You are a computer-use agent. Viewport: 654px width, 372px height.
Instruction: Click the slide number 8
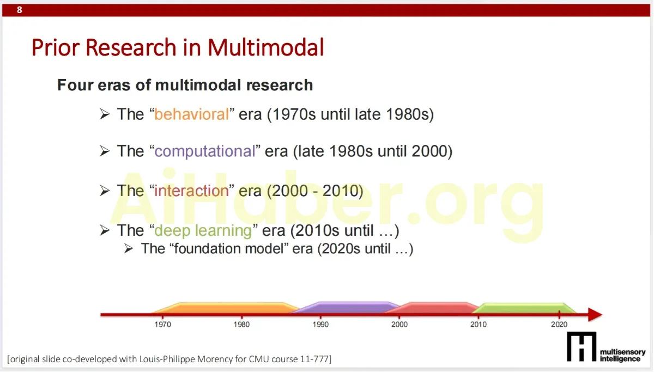coord(20,10)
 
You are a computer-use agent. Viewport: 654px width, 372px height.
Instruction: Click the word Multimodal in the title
coord(266,47)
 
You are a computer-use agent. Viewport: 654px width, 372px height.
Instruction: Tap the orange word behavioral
coord(191,114)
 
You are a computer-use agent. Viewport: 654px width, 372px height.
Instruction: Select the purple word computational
coord(205,151)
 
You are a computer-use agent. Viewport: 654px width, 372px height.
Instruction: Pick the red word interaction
coord(191,191)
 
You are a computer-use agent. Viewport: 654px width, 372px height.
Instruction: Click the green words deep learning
coord(203,230)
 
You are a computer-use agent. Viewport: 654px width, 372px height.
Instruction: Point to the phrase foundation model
coord(229,248)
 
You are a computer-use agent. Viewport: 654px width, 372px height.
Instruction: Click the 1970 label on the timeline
coord(163,325)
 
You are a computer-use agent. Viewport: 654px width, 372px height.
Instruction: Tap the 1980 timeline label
coord(242,325)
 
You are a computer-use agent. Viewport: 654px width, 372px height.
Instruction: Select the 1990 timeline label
coord(320,325)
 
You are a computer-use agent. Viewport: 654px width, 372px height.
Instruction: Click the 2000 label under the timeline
coord(399,325)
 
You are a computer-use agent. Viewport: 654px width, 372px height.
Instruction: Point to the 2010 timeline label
coord(479,325)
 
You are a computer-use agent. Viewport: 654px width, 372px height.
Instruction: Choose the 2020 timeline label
coord(559,325)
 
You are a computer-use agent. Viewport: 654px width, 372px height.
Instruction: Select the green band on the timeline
coord(524,308)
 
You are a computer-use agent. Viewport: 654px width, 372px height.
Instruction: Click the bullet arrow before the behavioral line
coord(105,114)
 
